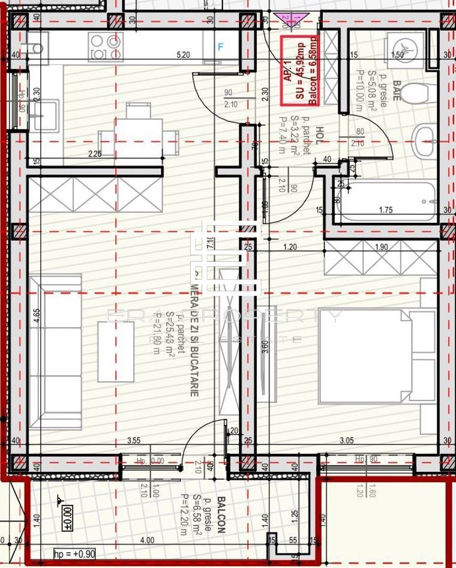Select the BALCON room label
(x=221, y=515)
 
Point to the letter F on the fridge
(x=220, y=46)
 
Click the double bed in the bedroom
(x=377, y=356)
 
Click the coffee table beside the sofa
(x=116, y=351)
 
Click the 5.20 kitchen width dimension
(x=183, y=55)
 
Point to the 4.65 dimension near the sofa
(x=37, y=316)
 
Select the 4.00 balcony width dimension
(x=147, y=540)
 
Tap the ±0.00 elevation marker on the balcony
(x=66, y=514)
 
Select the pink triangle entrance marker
(x=289, y=20)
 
